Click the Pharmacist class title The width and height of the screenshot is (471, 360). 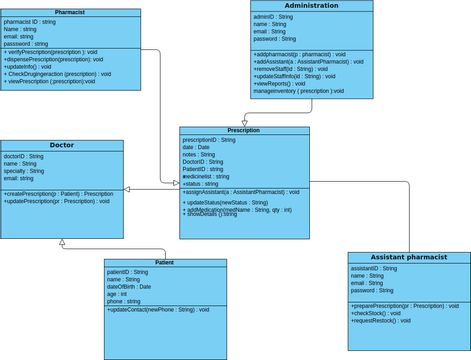[x=70, y=12]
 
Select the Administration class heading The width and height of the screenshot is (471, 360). [x=311, y=6]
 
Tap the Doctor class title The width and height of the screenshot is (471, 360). [x=62, y=145]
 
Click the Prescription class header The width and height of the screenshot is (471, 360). [x=244, y=131]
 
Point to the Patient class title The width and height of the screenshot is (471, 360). [x=165, y=263]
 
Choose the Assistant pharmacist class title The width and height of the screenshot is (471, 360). [x=409, y=258]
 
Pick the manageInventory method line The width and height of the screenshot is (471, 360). [x=297, y=91]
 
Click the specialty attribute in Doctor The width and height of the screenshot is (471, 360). [x=27, y=171]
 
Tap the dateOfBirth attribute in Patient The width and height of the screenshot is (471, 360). [x=129, y=287]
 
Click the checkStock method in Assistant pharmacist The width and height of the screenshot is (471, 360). [x=374, y=314]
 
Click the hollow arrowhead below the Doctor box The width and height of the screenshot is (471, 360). [x=62, y=243]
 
